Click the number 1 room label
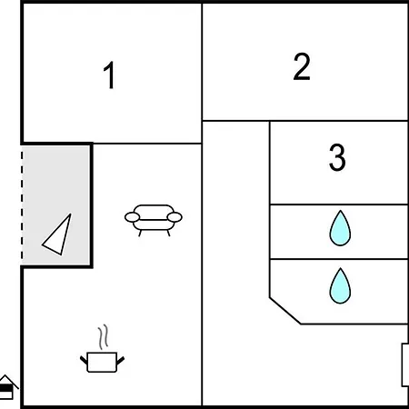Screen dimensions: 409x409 point(109,76)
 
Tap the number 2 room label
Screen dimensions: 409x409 point(302,66)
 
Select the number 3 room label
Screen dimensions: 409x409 point(337,158)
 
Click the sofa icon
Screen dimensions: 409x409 point(153,218)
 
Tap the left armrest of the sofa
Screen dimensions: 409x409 point(131,217)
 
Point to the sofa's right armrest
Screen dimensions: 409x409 point(175,217)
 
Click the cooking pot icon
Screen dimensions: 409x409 point(103,361)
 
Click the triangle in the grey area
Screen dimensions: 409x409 point(58,235)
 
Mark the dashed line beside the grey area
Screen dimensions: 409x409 point(22,204)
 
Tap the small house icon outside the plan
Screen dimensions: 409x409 point(7,387)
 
